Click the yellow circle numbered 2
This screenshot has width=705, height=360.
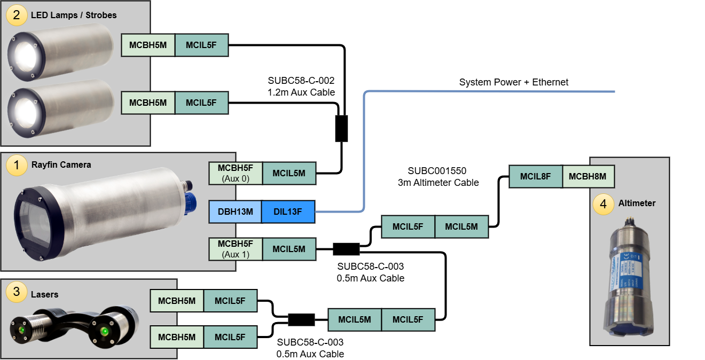tap(17, 15)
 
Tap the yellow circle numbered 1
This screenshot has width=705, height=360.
tap(17, 166)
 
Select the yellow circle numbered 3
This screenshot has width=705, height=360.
tap(17, 292)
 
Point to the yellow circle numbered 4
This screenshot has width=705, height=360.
tap(603, 204)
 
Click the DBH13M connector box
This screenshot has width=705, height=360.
tap(235, 212)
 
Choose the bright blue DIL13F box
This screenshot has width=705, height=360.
tap(288, 212)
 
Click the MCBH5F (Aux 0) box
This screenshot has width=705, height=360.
tap(236, 174)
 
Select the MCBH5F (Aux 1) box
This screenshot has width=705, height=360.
tap(236, 249)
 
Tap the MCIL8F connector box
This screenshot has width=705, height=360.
tap(536, 176)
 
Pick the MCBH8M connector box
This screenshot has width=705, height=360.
tap(588, 176)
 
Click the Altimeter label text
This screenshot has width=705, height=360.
tap(637, 204)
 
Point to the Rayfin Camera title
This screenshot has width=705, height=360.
tap(61, 165)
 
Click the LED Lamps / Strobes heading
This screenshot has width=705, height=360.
tap(73, 15)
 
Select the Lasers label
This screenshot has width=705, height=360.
tap(44, 294)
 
